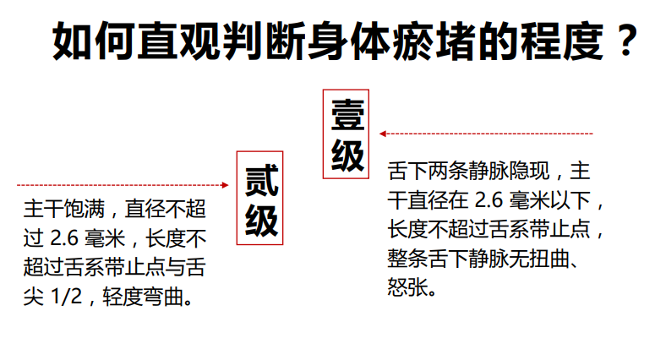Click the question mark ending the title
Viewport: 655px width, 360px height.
[x=625, y=41]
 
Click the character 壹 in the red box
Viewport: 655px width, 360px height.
[x=347, y=114]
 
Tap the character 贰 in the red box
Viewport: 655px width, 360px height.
[x=261, y=180]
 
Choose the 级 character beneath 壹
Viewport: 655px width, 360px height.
[x=347, y=155]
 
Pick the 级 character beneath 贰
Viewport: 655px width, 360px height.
[x=261, y=221]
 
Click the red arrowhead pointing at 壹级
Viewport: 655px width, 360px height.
[x=382, y=134]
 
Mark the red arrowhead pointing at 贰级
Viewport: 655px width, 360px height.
[x=225, y=185]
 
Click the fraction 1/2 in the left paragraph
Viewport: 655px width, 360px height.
[x=66, y=297]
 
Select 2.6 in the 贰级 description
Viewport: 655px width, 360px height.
[x=64, y=238]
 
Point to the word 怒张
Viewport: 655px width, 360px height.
[x=407, y=287]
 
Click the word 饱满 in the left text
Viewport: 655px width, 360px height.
[x=85, y=209]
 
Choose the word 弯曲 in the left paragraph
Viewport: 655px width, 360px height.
[x=164, y=297]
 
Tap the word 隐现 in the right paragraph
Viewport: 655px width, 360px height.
[x=529, y=171]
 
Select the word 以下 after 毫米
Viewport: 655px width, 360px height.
[x=570, y=199]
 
